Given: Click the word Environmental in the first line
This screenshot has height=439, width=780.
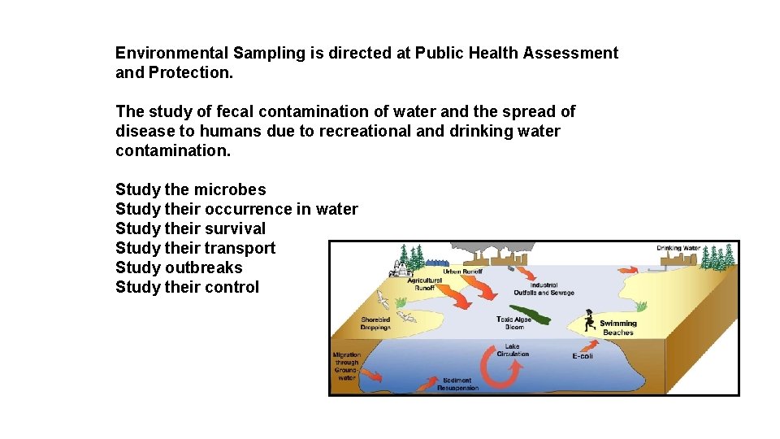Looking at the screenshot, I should tap(171, 53).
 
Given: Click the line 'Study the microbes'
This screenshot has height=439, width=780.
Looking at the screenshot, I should tap(191, 189).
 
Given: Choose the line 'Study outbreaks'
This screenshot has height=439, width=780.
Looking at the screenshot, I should tap(179, 267).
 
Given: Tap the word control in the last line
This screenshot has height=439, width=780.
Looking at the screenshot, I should tap(232, 287).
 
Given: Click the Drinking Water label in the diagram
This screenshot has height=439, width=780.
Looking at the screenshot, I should tap(678, 248).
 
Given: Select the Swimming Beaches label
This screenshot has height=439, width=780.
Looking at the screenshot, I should tap(618, 328).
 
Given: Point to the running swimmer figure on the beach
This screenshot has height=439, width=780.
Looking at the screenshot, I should tap(589, 320).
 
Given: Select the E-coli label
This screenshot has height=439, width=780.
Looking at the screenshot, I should tap(582, 356).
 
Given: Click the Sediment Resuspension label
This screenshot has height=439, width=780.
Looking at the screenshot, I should tap(458, 384).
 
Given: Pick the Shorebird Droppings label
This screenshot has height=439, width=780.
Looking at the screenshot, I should tap(375, 324).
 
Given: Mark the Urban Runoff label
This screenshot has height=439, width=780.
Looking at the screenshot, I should tap(462, 272).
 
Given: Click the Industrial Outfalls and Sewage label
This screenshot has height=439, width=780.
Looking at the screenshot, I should tap(544, 289).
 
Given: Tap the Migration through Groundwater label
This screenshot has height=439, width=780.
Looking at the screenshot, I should tap(347, 366).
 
